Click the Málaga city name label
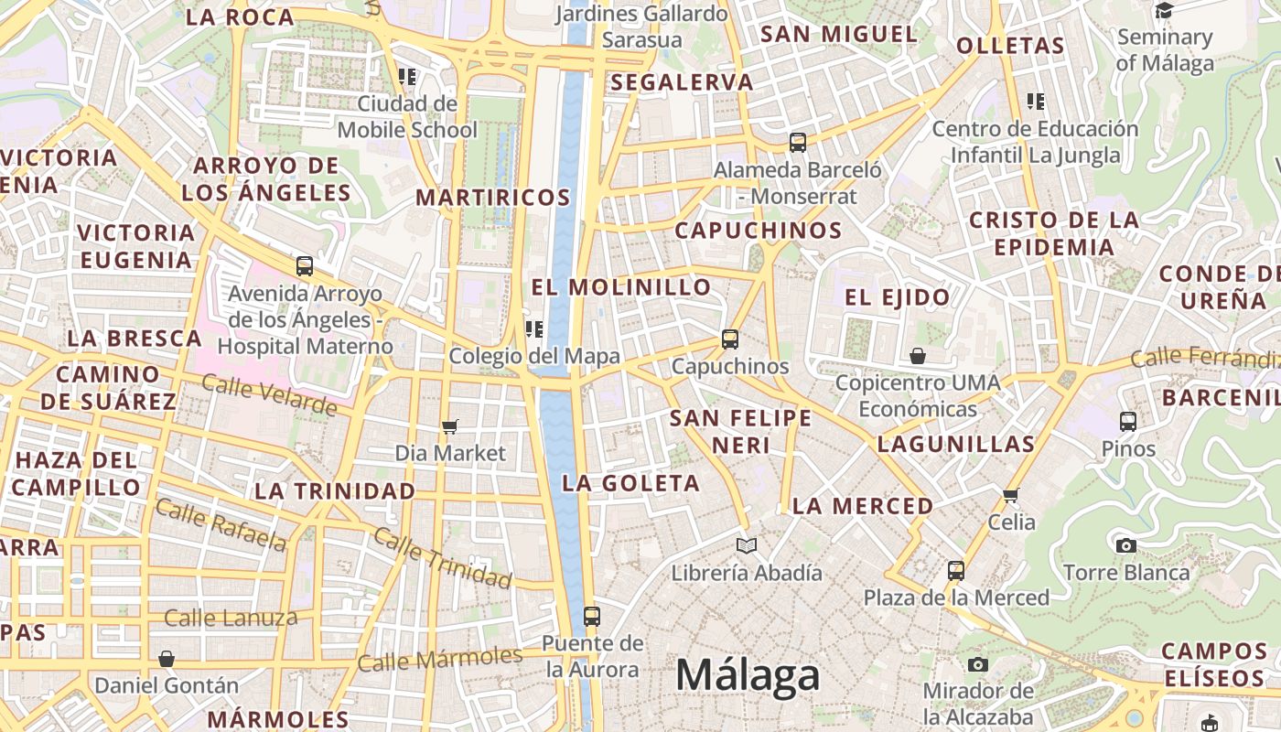pyautogui.click(x=747, y=676)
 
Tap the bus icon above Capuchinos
pyautogui.click(x=730, y=339)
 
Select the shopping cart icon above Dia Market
pyautogui.click(x=449, y=426)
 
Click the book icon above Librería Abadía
pyautogui.click(x=747, y=546)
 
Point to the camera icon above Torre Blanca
pyautogui.click(x=1126, y=546)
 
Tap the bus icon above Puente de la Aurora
pyautogui.click(x=592, y=617)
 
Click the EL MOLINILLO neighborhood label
pyautogui.click(x=621, y=287)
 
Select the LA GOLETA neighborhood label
pyautogui.click(x=630, y=483)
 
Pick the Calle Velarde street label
pyautogui.click(x=269, y=394)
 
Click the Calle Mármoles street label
pyautogui.click(x=439, y=658)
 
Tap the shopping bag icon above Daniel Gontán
pyautogui.click(x=167, y=659)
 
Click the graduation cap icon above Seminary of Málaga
pyautogui.click(x=1164, y=11)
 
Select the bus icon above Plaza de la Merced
pyautogui.click(x=956, y=571)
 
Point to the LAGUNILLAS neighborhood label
pyautogui.click(x=955, y=445)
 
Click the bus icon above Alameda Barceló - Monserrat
pyautogui.click(x=798, y=143)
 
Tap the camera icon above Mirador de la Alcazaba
pyautogui.click(x=978, y=664)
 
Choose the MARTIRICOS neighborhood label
pyautogui.click(x=493, y=198)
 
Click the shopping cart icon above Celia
pyautogui.click(x=1011, y=496)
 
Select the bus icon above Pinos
pyautogui.click(x=1128, y=422)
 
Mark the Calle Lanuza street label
pyautogui.click(x=231, y=619)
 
